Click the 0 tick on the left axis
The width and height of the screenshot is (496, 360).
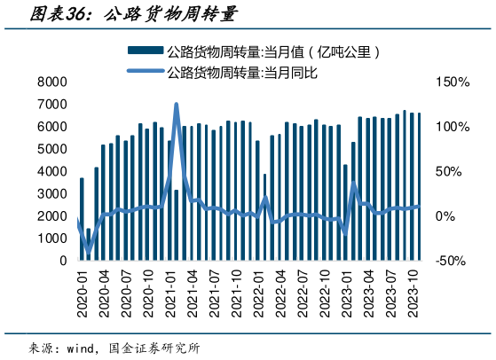pyautogui.click(x=63, y=262)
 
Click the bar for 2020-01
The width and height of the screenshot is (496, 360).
pyautogui.click(x=82, y=219)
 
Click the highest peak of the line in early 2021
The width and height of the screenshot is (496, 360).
pyautogui.click(x=176, y=105)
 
